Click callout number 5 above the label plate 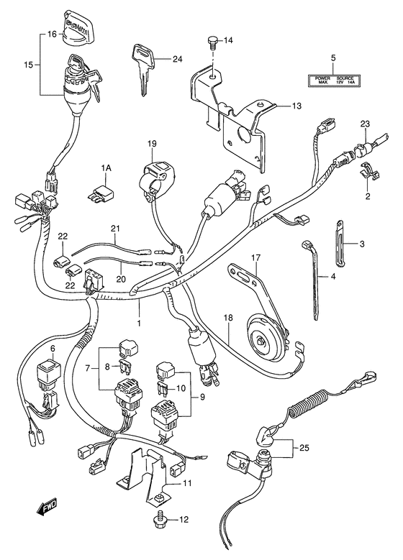coord(333,57)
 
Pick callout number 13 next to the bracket coord(296,106)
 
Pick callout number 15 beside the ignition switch coord(27,65)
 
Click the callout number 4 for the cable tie coord(333,276)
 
